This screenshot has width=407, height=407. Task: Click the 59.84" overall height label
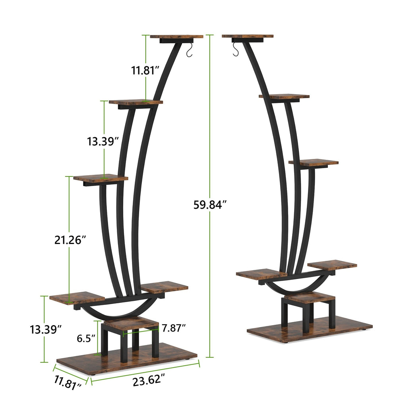(210, 205)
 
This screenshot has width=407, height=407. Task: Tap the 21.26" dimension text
(70, 240)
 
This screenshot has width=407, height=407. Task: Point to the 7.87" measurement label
(173, 328)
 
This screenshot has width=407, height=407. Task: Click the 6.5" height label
(86, 338)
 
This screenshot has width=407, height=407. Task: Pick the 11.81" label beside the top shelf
(145, 71)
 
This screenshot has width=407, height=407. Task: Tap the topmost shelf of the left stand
(176, 37)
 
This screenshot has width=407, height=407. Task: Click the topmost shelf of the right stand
(248, 36)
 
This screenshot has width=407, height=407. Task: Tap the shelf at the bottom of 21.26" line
(77, 298)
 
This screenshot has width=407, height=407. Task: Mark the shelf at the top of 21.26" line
(101, 178)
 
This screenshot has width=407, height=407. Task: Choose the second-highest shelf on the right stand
(284, 97)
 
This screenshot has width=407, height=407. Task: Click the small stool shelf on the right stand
(310, 297)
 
